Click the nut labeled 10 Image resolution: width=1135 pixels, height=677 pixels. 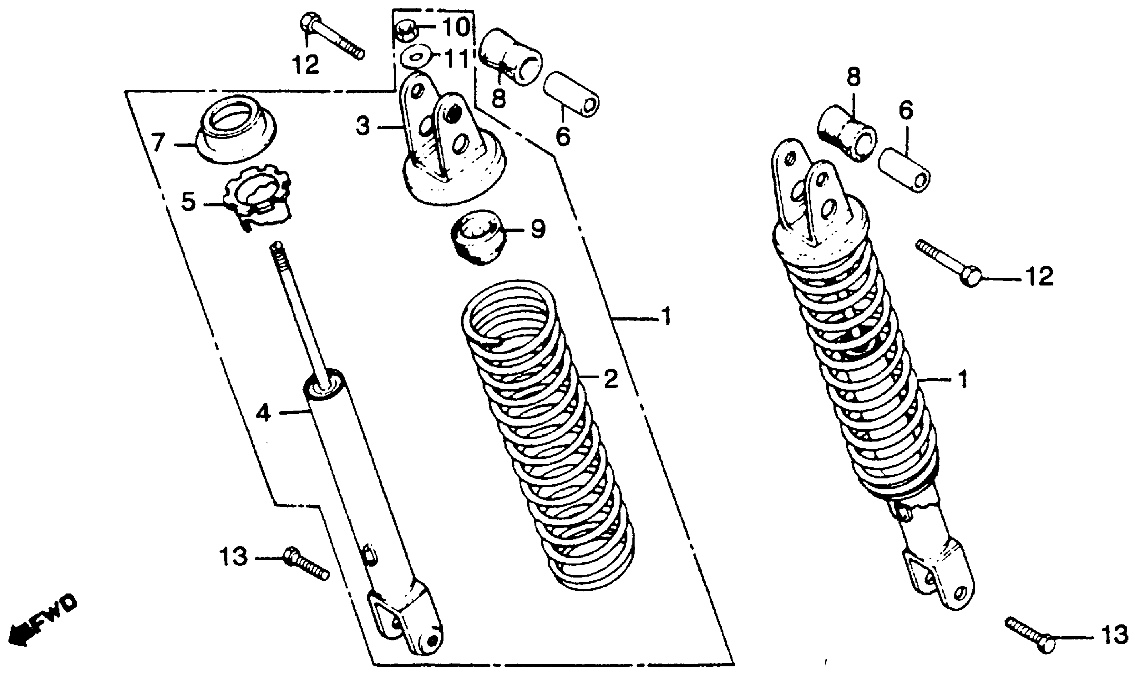[404, 29]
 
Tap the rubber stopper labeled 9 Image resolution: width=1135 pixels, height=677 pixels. [478, 236]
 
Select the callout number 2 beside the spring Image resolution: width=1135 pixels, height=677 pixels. [611, 379]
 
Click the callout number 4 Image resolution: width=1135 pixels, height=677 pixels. [263, 413]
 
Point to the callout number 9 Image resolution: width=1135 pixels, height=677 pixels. [538, 229]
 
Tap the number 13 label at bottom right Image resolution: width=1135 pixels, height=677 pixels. [1114, 635]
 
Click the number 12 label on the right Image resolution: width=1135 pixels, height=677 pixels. [1039, 276]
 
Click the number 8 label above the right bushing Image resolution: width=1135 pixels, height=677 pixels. [853, 78]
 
